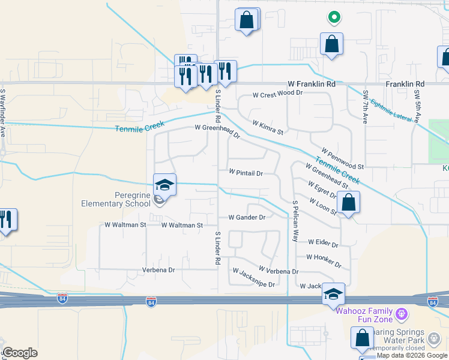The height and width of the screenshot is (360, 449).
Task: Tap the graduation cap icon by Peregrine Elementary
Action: pyautogui.click(x=165, y=185)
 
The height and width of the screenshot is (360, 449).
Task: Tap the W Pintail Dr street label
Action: pyautogui.click(x=246, y=173)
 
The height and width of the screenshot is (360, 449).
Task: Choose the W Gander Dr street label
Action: pyautogui.click(x=247, y=217)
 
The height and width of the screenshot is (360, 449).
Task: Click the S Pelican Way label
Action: pyautogui.click(x=295, y=221)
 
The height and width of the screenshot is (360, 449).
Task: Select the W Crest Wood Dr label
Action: pyautogui.click(x=278, y=94)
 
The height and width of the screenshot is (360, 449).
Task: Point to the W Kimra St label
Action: pyautogui.click(x=268, y=127)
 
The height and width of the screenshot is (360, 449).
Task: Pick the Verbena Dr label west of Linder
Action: pyautogui.click(x=158, y=270)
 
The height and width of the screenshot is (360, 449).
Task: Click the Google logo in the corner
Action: pyautogui.click(x=20, y=353)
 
